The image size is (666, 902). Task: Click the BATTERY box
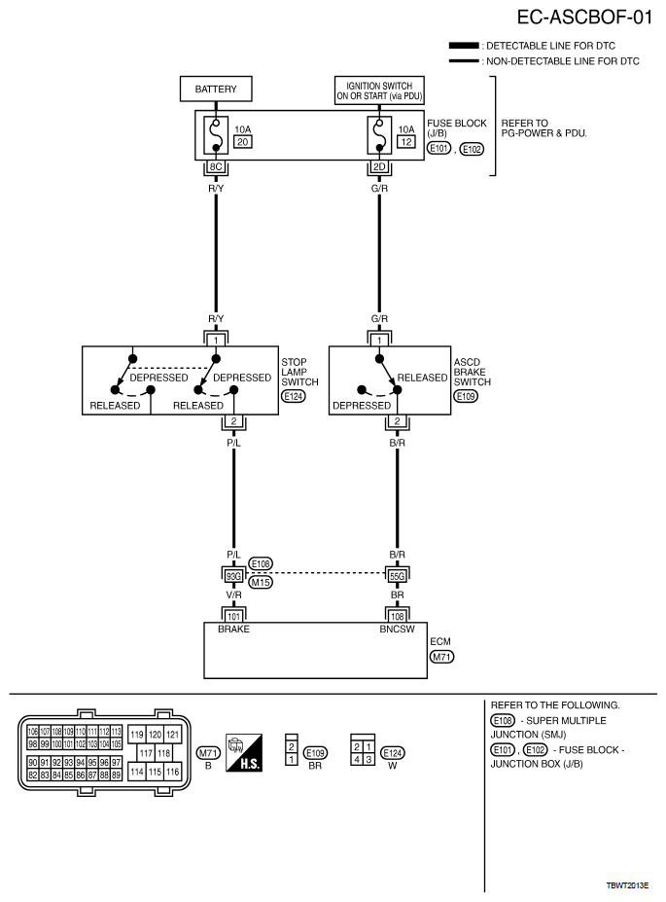216,90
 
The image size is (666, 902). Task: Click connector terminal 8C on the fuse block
216,166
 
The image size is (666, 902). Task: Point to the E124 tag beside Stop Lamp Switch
292,396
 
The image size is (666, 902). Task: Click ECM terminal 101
233,616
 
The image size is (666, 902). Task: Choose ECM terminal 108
398,616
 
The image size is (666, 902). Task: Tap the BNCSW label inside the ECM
398,630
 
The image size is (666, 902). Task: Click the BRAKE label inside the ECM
233,630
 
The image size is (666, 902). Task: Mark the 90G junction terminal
233,575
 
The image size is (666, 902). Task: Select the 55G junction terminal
398,575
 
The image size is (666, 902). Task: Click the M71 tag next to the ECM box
442,657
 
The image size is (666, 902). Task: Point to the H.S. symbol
244,752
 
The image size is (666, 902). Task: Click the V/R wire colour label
233,593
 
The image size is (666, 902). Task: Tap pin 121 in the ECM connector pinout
172,735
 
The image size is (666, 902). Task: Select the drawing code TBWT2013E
627,886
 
